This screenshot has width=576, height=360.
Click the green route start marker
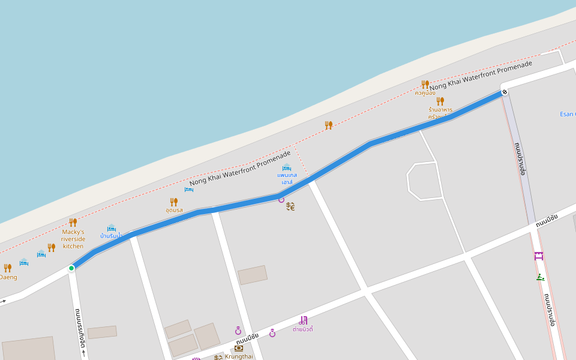[x=71, y=268]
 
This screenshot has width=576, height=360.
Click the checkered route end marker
[x=505, y=92]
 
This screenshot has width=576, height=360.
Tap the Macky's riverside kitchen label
[x=73, y=239]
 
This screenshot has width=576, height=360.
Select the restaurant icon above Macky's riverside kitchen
[x=73, y=223]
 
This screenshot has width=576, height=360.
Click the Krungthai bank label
[x=239, y=356]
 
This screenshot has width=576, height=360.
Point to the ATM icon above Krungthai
[x=239, y=348]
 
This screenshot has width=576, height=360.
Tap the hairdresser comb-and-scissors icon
[x=304, y=320]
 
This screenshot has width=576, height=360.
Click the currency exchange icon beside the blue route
[x=290, y=206]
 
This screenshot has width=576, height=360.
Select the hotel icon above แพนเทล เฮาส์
[x=287, y=167]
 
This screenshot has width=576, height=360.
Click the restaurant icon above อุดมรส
[x=174, y=202]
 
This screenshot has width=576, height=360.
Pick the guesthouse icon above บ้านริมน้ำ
[x=111, y=228]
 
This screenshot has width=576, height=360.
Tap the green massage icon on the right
[x=540, y=277]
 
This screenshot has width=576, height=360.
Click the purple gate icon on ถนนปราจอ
[x=539, y=256]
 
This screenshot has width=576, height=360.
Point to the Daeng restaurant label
[x=8, y=277]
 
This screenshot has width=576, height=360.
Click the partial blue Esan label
[x=567, y=114]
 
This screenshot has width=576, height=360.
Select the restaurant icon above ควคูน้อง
[x=425, y=84]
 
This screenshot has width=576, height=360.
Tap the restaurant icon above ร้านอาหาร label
[x=440, y=101]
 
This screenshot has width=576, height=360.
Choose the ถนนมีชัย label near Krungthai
[x=247, y=339]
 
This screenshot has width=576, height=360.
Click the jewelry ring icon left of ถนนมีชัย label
[x=238, y=331]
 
